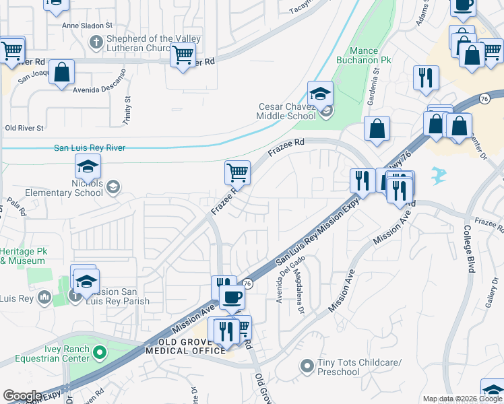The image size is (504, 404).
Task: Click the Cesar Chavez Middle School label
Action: click(288, 111)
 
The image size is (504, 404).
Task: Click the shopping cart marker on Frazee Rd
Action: click(237, 173)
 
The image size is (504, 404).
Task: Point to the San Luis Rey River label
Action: click(90, 148)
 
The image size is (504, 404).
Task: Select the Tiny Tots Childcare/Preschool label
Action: click(360, 368)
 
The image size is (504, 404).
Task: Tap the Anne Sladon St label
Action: click(87, 26)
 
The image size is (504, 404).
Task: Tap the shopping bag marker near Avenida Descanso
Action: click(61, 75)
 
